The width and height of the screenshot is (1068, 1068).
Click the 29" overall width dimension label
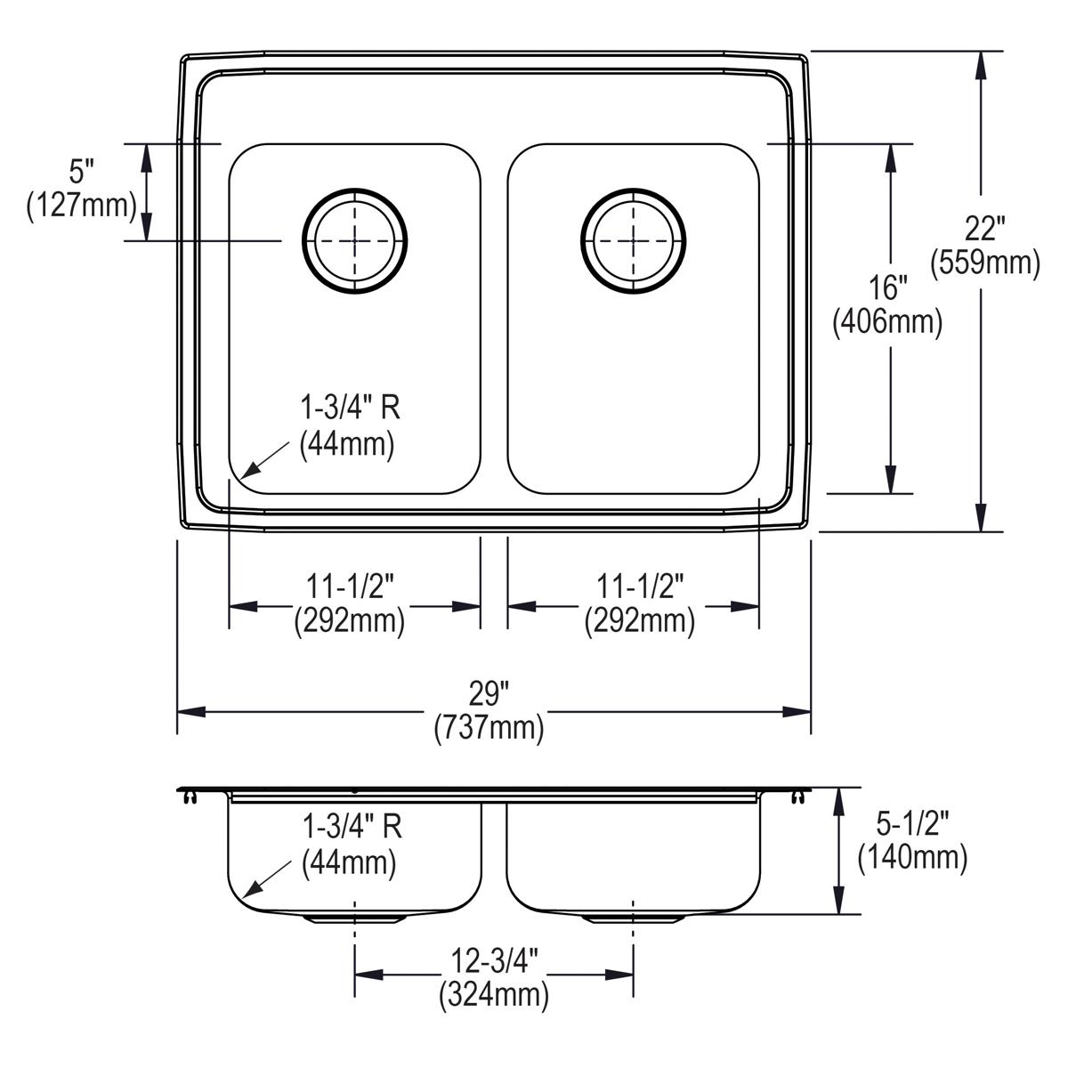489,694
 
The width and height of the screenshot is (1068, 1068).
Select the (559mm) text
985,263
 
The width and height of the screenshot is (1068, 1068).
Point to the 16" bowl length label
887,287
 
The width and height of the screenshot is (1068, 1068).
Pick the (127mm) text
82,206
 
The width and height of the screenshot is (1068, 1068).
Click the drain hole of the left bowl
355,241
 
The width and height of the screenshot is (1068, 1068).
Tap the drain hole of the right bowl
634,241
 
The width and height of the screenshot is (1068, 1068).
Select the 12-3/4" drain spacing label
494,960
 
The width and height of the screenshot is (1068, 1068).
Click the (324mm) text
494,995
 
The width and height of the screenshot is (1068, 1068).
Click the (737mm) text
489,728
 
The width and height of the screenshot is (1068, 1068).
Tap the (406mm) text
887,322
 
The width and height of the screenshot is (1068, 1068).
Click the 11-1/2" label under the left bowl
350,586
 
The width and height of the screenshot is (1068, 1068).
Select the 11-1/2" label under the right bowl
640,586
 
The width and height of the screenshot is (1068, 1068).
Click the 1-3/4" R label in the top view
350,408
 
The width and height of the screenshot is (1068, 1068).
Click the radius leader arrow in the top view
266,459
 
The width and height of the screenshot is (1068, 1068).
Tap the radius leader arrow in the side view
267,879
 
